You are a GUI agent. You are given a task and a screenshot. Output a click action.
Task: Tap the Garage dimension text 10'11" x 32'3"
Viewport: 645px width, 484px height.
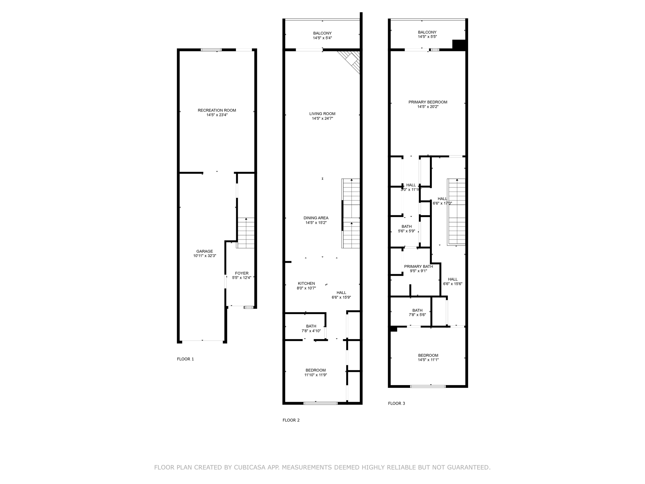point(205,256)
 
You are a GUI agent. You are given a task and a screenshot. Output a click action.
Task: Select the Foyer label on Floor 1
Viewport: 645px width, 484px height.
point(242,273)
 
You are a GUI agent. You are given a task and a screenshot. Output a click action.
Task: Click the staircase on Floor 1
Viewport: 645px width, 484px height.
point(246,233)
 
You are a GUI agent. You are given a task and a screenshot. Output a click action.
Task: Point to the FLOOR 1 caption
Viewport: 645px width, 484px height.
point(186,359)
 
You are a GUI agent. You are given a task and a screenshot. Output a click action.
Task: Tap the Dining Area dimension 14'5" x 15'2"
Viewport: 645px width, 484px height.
point(316,222)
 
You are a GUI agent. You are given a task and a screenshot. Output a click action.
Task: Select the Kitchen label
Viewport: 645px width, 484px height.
point(306,283)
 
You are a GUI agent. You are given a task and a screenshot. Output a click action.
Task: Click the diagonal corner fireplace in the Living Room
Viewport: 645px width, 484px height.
point(350,62)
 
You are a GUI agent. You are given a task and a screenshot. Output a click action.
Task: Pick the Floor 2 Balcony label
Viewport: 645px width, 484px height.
point(322,33)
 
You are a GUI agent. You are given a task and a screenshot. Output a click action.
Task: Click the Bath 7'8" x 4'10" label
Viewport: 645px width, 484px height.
point(311,328)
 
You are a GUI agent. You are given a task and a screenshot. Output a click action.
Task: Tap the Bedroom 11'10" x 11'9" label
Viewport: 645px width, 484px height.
point(316,372)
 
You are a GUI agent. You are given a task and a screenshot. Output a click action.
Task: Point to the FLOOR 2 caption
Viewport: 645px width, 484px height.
point(291,420)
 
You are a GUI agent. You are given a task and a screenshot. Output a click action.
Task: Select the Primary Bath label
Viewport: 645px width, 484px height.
point(419,266)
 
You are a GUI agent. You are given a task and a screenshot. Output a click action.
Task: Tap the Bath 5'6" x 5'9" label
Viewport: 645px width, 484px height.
point(407,228)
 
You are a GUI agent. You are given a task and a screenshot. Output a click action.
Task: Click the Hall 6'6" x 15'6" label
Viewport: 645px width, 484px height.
point(453,281)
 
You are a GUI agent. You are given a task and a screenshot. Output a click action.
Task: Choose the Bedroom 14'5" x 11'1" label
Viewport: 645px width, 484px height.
point(428,357)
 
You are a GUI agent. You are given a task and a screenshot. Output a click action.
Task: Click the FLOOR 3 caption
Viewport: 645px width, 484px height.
point(397,403)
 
